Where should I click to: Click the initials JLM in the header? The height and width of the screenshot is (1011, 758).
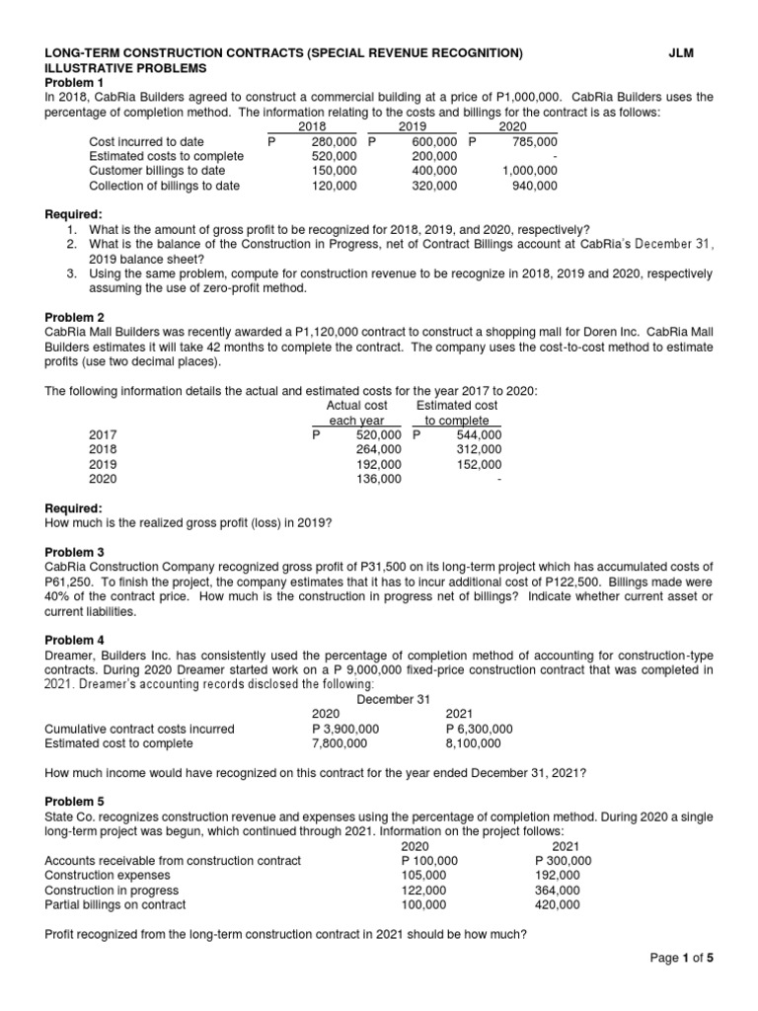pyautogui.click(x=681, y=53)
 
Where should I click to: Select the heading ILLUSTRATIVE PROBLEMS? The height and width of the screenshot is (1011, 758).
pyautogui.click(x=126, y=68)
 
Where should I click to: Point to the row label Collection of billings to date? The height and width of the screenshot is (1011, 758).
pyautogui.click(x=164, y=186)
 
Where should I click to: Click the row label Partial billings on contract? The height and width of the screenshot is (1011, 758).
pyautogui.click(x=115, y=904)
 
